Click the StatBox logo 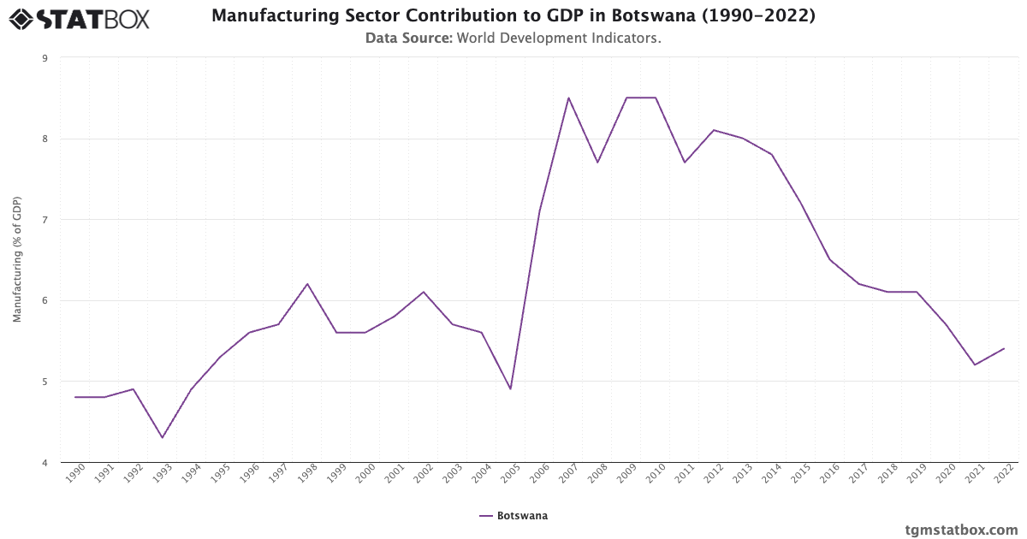point(80,18)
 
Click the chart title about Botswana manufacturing point(513,16)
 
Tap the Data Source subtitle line point(513,38)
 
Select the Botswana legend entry point(513,516)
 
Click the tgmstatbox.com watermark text point(961,530)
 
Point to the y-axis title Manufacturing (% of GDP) point(17,259)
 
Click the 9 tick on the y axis point(44,58)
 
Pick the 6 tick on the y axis point(44,300)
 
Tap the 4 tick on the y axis point(44,462)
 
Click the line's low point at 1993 point(162,438)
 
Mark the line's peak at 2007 point(568,98)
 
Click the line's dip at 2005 point(510,389)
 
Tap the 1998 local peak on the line point(307,284)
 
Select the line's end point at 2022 point(1004,348)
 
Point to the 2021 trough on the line point(975,364)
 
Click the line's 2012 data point point(714,130)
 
